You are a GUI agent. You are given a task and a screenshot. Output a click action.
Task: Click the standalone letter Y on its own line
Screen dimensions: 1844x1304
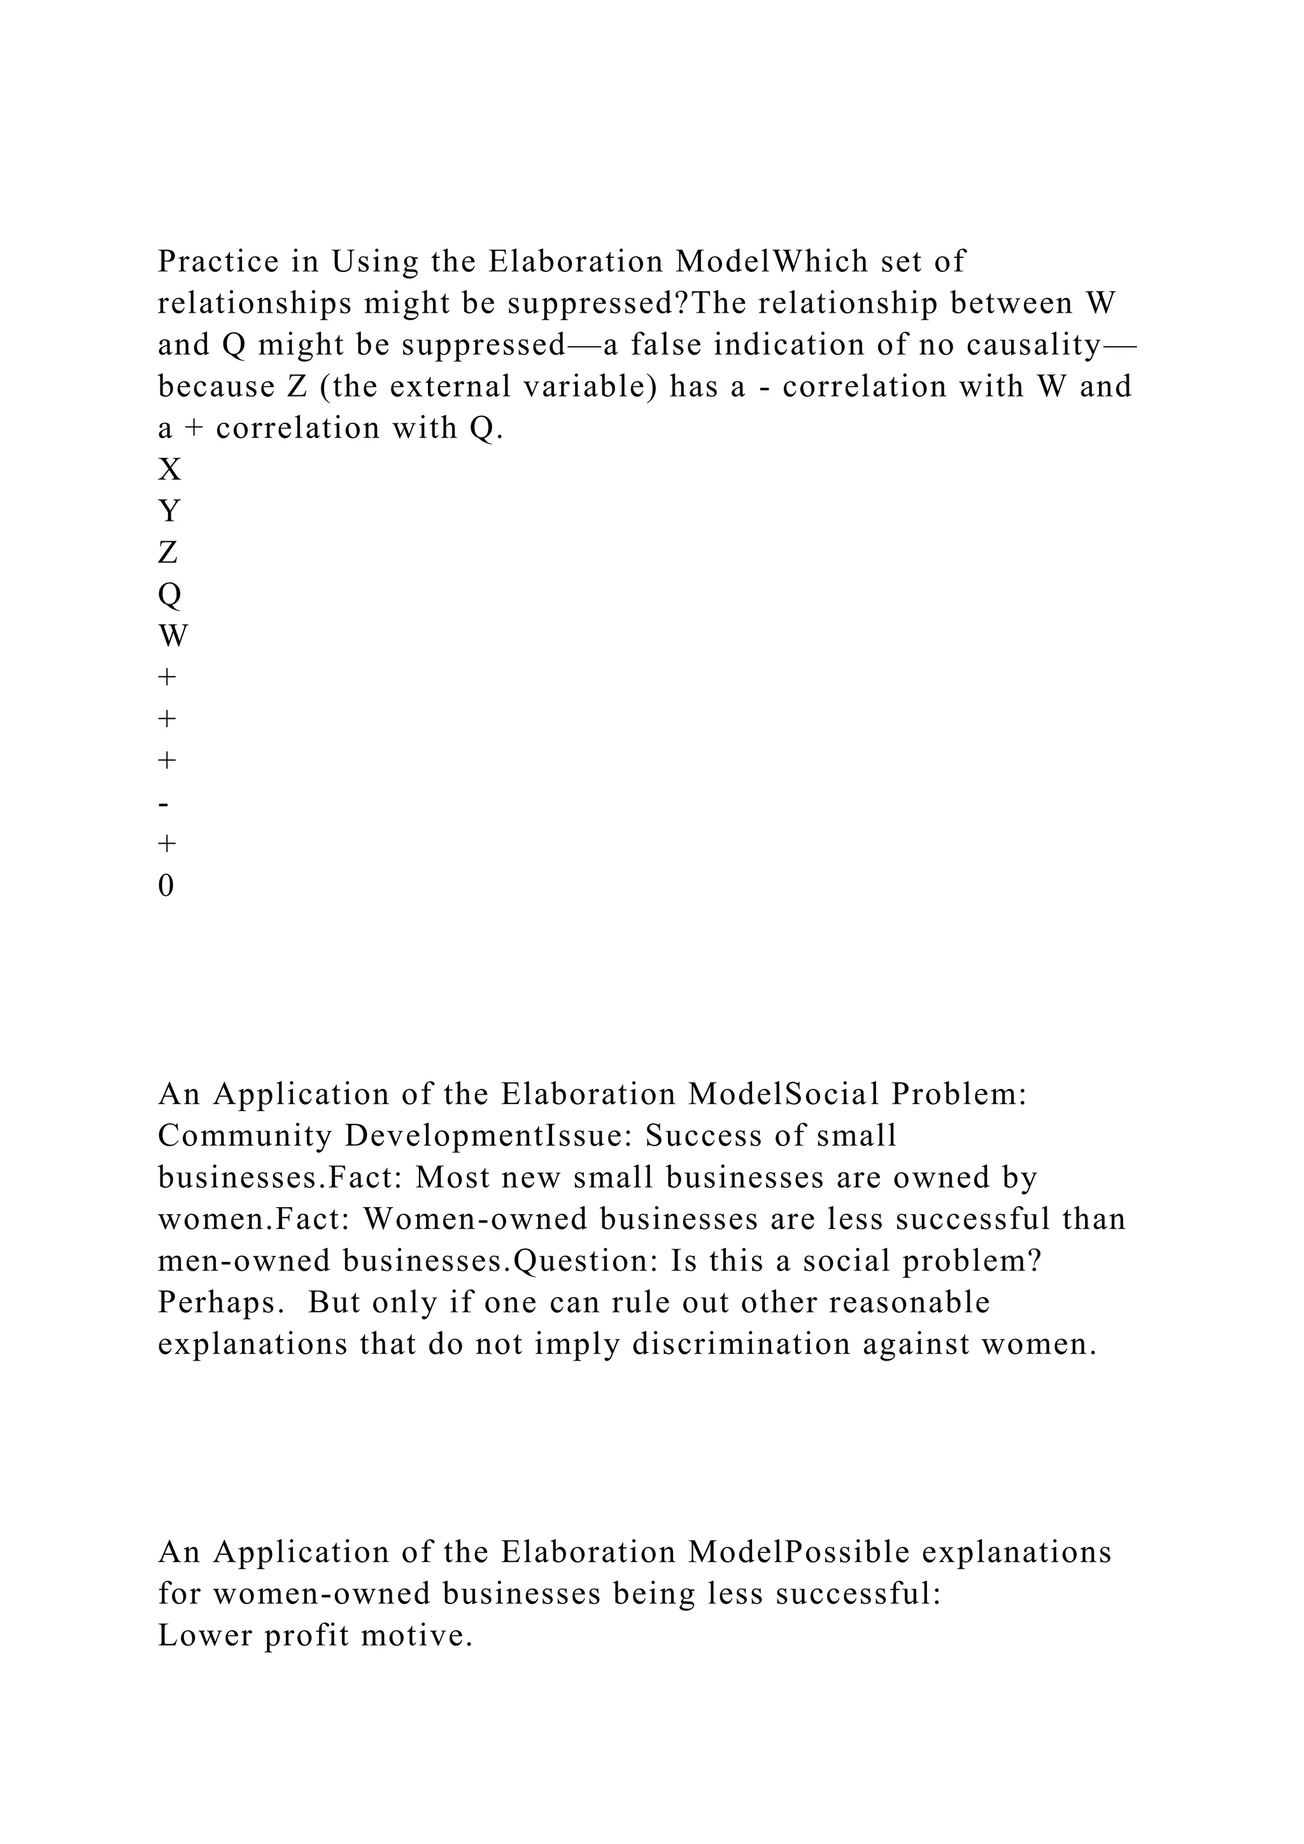169,511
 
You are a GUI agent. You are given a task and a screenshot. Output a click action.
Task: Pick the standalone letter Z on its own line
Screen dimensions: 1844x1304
168,553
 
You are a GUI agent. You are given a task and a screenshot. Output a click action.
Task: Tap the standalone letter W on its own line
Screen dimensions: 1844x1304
173,637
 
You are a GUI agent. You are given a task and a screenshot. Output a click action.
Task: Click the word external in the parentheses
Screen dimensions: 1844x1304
439,387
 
